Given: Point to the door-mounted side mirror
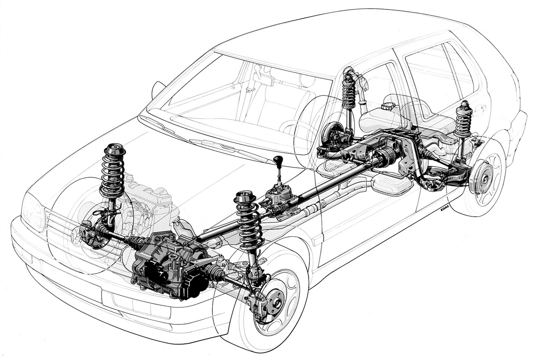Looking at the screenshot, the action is pos(157,90).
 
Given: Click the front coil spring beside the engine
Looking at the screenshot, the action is pos(113,171).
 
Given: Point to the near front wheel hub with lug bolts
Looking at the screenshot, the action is pos(275,302).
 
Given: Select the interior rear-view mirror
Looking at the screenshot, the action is pos(262,76).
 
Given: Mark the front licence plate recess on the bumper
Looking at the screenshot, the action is pos(136,304).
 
